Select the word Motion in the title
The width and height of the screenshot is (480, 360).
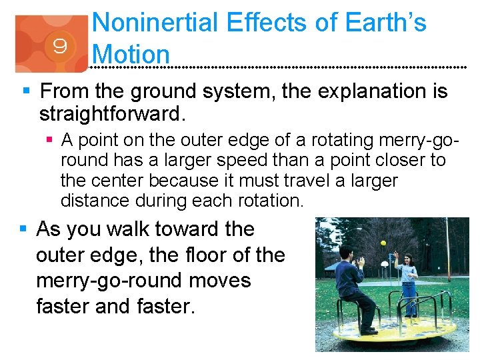[x=132, y=53]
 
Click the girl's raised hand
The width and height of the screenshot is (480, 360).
[x=395, y=254]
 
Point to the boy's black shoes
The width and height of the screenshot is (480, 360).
[x=369, y=330]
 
